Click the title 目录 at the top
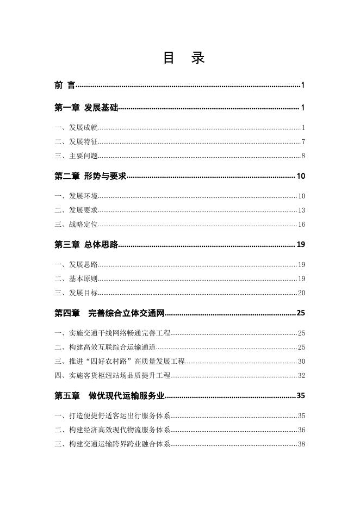click(x=183, y=58)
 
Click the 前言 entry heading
click(x=65, y=85)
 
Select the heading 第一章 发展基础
click(x=86, y=108)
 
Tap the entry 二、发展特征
click(x=76, y=142)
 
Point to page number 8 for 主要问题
click(x=303, y=156)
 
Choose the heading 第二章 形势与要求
click(x=90, y=176)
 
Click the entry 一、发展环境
click(x=76, y=196)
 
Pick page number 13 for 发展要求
click(x=301, y=210)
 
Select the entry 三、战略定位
click(x=76, y=224)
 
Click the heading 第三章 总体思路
click(x=86, y=245)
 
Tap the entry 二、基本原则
click(x=76, y=279)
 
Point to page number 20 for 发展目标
click(x=301, y=293)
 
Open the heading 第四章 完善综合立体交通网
click(x=109, y=313)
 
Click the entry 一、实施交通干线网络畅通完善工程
click(x=113, y=333)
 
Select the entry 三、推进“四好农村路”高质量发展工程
click(x=120, y=361)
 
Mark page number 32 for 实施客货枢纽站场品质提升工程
click(x=301, y=375)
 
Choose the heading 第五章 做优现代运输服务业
click(x=109, y=395)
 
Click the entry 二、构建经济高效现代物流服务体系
click(x=113, y=430)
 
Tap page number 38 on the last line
click(x=301, y=444)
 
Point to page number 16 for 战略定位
click(x=301, y=225)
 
